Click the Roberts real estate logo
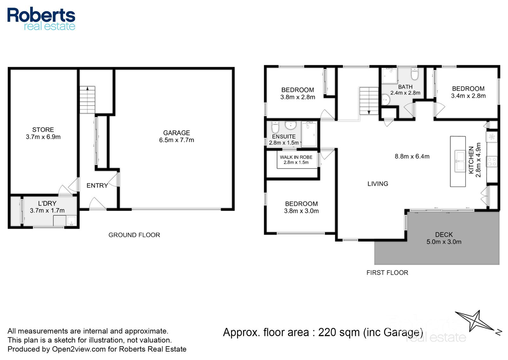point(41,19)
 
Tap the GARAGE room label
point(177,133)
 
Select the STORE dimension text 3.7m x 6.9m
point(43,137)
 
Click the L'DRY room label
point(47,203)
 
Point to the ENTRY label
point(97,186)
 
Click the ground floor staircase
point(87,100)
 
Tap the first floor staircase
point(369,101)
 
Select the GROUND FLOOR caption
point(134,235)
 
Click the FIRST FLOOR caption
point(387,273)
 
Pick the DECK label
point(444,234)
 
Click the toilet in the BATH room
point(415,74)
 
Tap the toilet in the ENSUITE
point(275,127)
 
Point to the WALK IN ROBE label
point(296,157)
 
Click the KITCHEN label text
point(471,160)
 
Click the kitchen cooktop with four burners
point(492,162)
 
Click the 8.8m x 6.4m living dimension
point(412,156)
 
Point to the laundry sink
point(71,221)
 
